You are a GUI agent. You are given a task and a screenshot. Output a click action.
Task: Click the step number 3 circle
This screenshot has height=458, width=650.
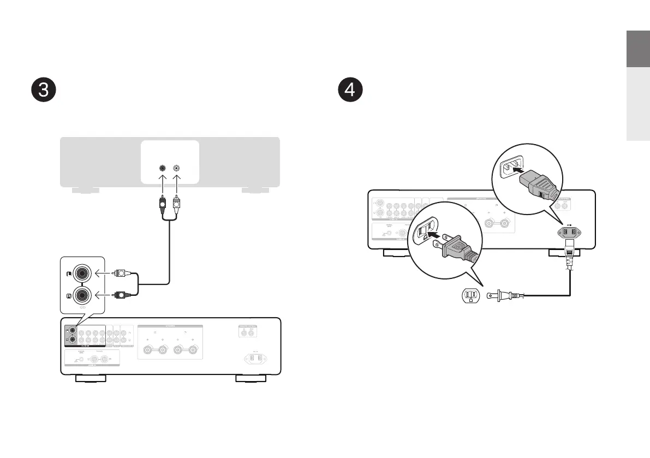[43, 91]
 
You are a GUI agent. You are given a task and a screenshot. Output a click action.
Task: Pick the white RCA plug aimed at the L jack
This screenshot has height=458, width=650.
[121, 272]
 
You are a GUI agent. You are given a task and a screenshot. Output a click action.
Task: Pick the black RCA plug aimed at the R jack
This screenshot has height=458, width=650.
[121, 295]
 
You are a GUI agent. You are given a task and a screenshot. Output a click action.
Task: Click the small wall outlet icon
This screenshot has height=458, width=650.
[470, 296]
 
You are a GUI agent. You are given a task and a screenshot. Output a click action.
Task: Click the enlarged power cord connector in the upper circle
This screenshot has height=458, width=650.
[537, 185]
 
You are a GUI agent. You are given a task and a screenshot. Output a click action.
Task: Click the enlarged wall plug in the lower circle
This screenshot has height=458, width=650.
[456, 249]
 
